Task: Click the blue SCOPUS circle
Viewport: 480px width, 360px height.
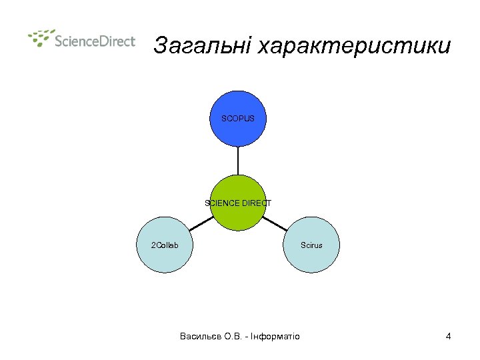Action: [238, 127]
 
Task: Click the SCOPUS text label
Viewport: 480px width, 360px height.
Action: [238, 119]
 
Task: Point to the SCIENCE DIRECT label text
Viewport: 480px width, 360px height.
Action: [238, 203]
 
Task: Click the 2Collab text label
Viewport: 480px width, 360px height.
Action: [165, 245]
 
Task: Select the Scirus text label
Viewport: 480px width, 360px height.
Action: [311, 245]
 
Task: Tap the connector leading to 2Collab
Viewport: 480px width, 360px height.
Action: [201, 223]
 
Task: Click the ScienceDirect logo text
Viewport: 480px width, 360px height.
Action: [95, 41]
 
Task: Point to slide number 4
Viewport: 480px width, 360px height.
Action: [449, 336]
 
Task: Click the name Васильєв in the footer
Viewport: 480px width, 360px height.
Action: [201, 336]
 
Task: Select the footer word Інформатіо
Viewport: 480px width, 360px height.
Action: [275, 336]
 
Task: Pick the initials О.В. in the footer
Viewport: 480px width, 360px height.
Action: [234, 336]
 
